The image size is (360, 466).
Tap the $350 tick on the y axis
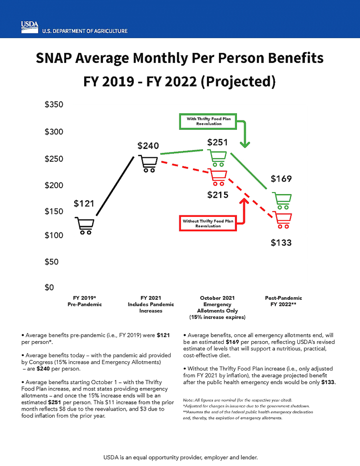pyautogui.click(x=54, y=105)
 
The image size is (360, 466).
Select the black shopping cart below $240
pyautogui.click(x=148, y=163)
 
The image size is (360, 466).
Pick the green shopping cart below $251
pyautogui.click(x=218, y=158)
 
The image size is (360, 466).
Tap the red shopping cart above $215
pyautogui.click(x=218, y=178)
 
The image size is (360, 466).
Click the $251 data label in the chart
pyautogui.click(x=217, y=142)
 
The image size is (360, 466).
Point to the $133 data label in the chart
pyautogui.click(x=281, y=243)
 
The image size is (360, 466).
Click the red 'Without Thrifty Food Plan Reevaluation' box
pyautogui.click(x=208, y=223)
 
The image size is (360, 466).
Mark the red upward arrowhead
pyautogui.click(x=244, y=201)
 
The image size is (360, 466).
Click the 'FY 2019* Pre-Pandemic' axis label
pyautogui.click(x=85, y=301)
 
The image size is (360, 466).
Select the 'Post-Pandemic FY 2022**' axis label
pyautogui.click(x=283, y=301)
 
